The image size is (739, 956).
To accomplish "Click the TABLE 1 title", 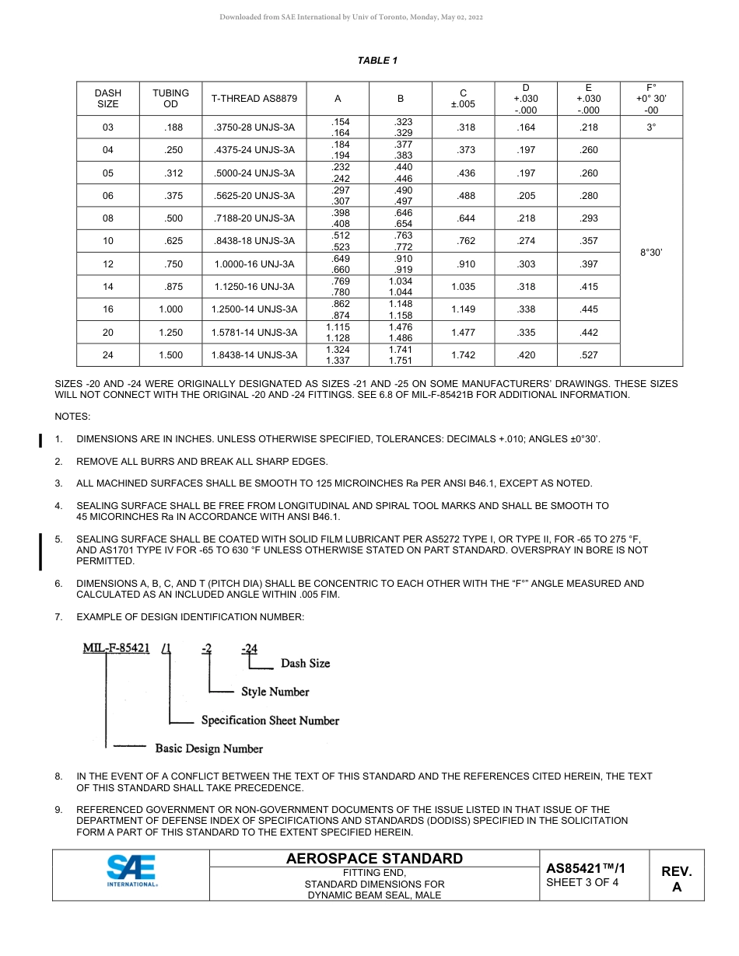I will click(378, 61).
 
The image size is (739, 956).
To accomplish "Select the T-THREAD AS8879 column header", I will click(254, 99).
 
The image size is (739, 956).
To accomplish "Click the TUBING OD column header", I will click(170, 99).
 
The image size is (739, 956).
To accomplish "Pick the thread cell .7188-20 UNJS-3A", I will click(254, 218).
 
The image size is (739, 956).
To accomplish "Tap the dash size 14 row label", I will click(108, 287).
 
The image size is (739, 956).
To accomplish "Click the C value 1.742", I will click(463, 355).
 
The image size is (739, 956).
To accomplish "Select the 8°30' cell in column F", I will click(651, 253).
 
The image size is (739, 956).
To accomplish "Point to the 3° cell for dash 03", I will click(651, 127).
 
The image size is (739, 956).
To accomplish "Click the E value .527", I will click(589, 355).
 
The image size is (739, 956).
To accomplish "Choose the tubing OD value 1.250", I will click(170, 333).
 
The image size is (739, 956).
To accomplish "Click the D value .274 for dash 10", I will click(527, 241).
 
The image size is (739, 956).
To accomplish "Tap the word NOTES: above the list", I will click(72, 417).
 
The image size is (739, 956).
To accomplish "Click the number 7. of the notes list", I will click(58, 616).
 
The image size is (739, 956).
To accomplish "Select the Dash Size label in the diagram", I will click(305, 663).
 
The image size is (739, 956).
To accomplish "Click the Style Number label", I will click(275, 692).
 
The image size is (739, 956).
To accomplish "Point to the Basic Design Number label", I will click(208, 748).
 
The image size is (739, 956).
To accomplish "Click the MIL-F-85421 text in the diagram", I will click(116, 649).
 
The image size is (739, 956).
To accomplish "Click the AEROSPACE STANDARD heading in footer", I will click(374, 859).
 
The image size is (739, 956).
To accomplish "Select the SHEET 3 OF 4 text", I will click(582, 882).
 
